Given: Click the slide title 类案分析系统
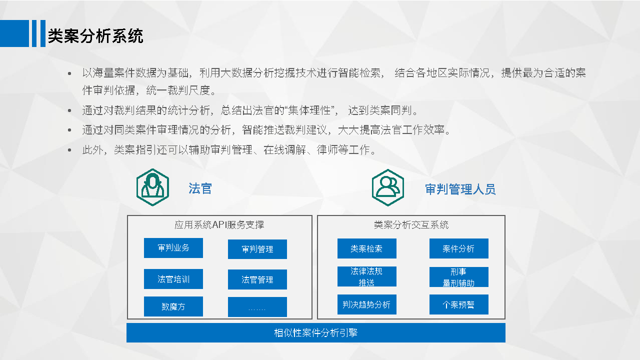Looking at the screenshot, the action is [x=95, y=35].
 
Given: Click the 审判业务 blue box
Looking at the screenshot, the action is [x=173, y=248].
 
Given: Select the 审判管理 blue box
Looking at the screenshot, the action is [x=257, y=249].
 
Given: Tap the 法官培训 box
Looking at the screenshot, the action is [x=173, y=279].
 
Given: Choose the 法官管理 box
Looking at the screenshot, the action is [x=257, y=279].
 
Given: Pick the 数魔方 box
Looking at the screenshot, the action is [x=173, y=306].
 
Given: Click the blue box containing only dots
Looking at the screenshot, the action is [x=257, y=307].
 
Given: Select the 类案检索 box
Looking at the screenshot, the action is [x=367, y=248].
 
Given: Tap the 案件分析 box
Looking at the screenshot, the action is [x=459, y=248].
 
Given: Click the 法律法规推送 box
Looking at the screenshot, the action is [x=367, y=276].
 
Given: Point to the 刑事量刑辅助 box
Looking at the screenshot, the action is [x=459, y=277].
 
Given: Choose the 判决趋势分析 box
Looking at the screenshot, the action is [x=367, y=304].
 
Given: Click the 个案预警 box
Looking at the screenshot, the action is [x=459, y=304].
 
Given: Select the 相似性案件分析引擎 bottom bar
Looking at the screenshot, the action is [x=316, y=332].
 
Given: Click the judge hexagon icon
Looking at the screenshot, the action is [x=152, y=187].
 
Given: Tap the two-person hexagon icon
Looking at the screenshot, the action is [x=387, y=187].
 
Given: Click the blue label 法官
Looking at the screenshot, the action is [x=200, y=188].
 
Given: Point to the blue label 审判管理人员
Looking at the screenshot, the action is [x=460, y=189].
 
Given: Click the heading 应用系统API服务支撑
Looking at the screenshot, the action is [x=219, y=225].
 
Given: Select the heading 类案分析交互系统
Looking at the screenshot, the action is [x=411, y=225].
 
